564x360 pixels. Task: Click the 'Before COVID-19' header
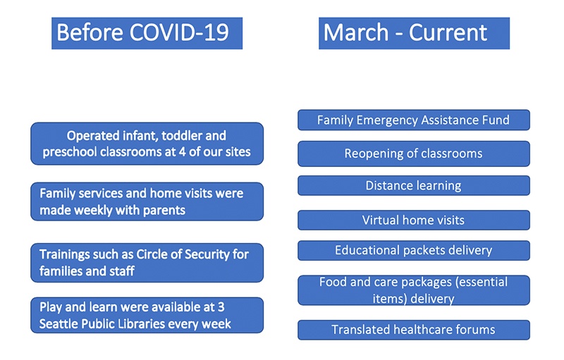(147, 33)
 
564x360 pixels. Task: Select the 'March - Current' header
(414, 33)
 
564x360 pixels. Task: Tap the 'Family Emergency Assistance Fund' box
(414, 120)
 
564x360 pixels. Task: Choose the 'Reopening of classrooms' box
(414, 154)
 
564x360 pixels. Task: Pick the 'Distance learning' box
(414, 185)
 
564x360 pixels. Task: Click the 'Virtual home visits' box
(414, 220)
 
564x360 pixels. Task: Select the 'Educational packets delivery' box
(414, 250)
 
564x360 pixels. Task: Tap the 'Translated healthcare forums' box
(414, 330)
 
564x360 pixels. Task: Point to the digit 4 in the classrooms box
(182, 151)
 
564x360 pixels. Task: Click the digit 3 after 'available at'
(221, 307)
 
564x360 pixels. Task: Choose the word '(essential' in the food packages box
(482, 282)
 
